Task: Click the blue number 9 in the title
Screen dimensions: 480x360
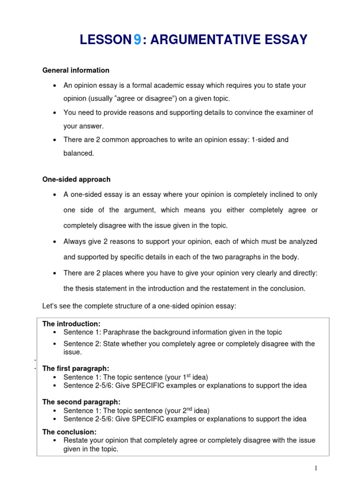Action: click(x=137, y=40)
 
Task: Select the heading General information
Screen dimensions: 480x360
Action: click(x=76, y=70)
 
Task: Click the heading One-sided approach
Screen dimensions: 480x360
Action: click(x=76, y=180)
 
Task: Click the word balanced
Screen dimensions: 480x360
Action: click(x=79, y=153)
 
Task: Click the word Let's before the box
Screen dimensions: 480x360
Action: click(x=51, y=306)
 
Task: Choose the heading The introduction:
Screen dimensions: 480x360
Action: click(x=71, y=324)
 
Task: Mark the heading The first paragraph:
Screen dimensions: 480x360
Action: click(x=76, y=368)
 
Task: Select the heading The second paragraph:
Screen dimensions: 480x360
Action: click(x=81, y=402)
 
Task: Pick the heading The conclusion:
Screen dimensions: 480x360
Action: click(x=69, y=432)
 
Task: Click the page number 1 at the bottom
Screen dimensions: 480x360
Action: click(x=316, y=468)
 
